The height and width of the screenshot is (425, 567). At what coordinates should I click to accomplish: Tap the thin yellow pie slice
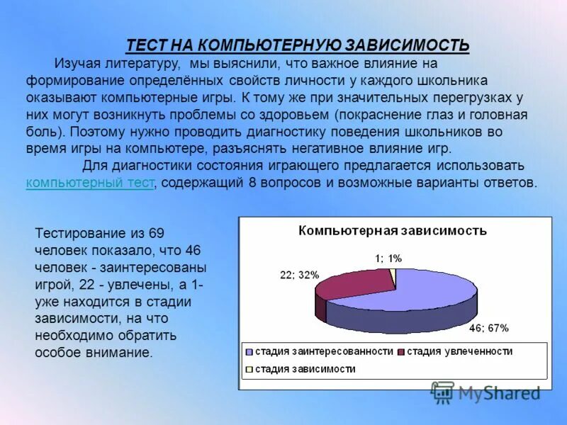(393, 276)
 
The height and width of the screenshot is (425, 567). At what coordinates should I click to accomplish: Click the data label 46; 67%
(489, 328)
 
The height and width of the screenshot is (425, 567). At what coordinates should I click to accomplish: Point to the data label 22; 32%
(300, 275)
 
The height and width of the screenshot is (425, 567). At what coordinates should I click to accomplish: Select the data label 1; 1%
(388, 259)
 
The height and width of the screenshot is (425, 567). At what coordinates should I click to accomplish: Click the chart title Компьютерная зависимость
(392, 231)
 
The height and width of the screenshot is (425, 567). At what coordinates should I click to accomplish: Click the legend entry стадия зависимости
(305, 369)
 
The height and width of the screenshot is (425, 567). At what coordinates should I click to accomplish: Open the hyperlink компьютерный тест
(89, 182)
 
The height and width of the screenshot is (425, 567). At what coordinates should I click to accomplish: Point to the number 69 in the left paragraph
(157, 233)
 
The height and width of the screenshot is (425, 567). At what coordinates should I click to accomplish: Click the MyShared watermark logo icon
(442, 392)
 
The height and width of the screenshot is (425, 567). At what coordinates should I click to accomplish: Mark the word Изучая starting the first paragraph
(75, 64)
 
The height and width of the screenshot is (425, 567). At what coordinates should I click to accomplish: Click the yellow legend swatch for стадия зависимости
(248, 369)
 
